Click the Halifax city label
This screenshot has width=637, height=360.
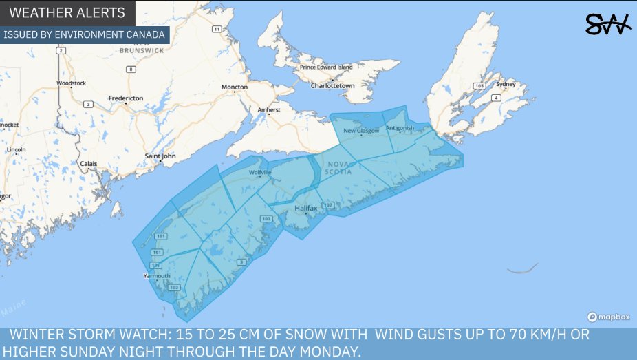pos(305,207)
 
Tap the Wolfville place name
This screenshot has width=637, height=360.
pos(261,172)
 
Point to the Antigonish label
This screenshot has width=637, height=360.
pos(400,128)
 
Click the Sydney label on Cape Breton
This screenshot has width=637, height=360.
pos(506,84)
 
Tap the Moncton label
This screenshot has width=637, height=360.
pos(234,87)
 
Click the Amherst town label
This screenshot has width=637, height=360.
pos(269,110)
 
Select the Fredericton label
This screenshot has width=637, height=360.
pos(126,98)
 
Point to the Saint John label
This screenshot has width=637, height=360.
pos(160,156)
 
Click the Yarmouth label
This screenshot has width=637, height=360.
pos(156,275)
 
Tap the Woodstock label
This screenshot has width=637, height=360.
pos(71,83)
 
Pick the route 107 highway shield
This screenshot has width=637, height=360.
pos(328,206)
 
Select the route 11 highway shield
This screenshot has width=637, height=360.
pos(217,29)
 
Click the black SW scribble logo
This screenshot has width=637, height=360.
pos(607,25)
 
